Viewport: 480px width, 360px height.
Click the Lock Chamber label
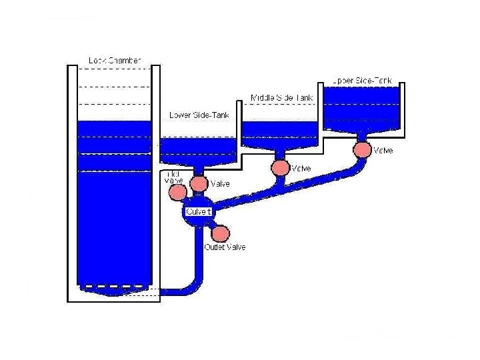coord(115,61)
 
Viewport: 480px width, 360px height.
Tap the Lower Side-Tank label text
coord(199,115)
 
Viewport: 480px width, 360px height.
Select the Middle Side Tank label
coord(281,98)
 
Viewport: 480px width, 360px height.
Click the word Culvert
coord(199,211)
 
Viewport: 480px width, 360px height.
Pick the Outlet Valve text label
coord(225,247)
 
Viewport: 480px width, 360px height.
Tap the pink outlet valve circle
coord(220,233)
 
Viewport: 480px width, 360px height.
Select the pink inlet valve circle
coord(177,193)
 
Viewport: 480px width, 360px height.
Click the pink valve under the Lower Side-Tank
coord(199,183)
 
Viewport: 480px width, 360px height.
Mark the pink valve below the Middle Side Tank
coord(281,166)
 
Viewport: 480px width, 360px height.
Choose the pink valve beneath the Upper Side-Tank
coord(363,149)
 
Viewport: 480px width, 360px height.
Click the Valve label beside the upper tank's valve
coord(383,151)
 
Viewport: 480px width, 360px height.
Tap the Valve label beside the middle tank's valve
coord(301,168)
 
